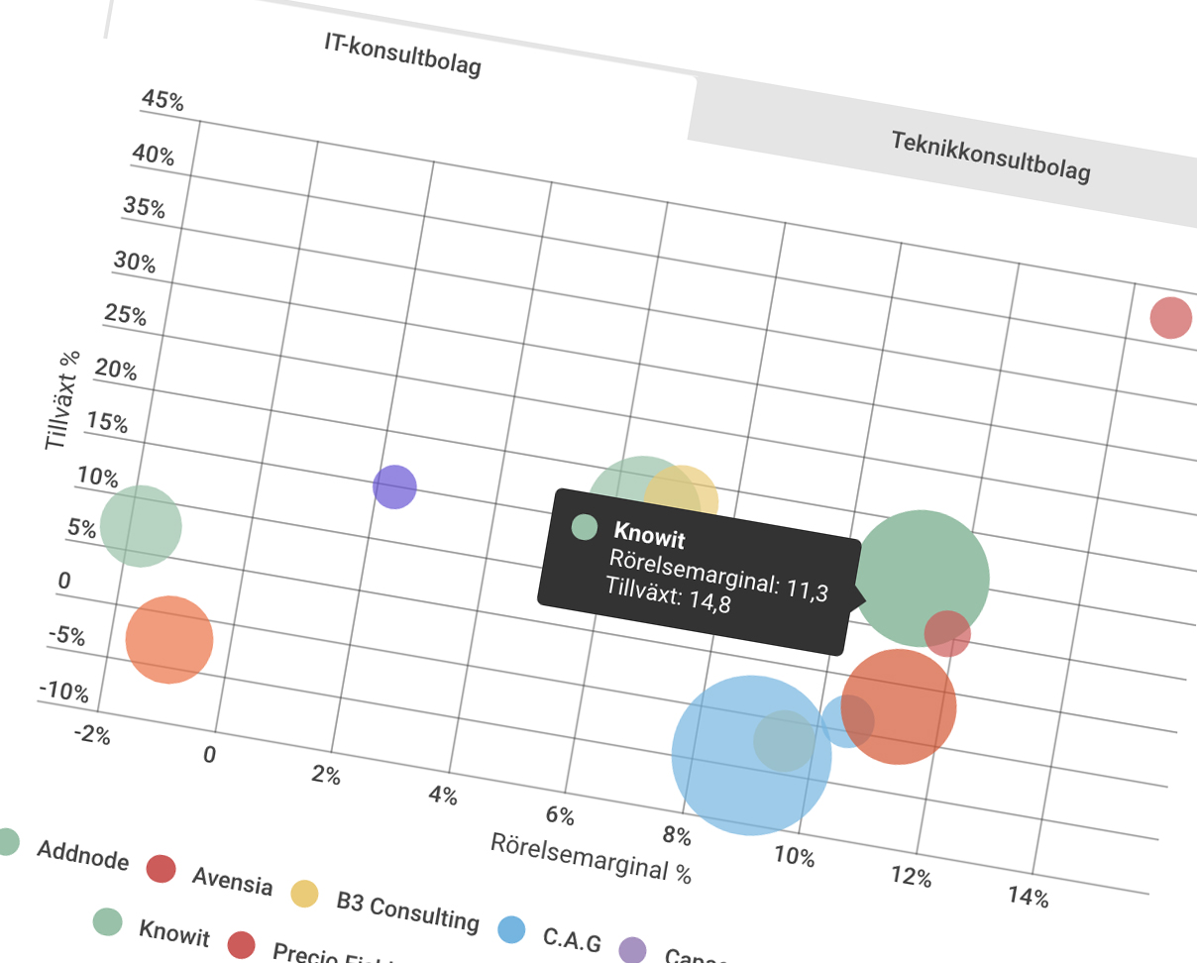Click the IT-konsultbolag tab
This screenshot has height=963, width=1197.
402,54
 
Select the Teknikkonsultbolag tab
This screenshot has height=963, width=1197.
990,157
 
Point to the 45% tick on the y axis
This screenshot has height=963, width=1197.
163,101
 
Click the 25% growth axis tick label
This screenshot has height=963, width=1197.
126,316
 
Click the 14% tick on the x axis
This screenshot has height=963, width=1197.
1028,898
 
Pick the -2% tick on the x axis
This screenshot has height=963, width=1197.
90,736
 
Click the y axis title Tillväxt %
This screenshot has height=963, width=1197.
63,401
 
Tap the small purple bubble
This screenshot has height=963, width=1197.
394,486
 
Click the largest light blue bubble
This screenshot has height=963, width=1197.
750,755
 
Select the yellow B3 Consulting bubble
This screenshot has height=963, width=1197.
682,497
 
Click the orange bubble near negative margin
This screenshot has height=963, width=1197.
169,639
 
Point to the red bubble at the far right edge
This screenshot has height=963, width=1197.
1170,318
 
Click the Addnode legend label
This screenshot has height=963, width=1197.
82,854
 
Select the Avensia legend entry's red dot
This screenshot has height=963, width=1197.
161,869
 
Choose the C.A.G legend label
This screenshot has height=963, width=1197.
571,939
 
